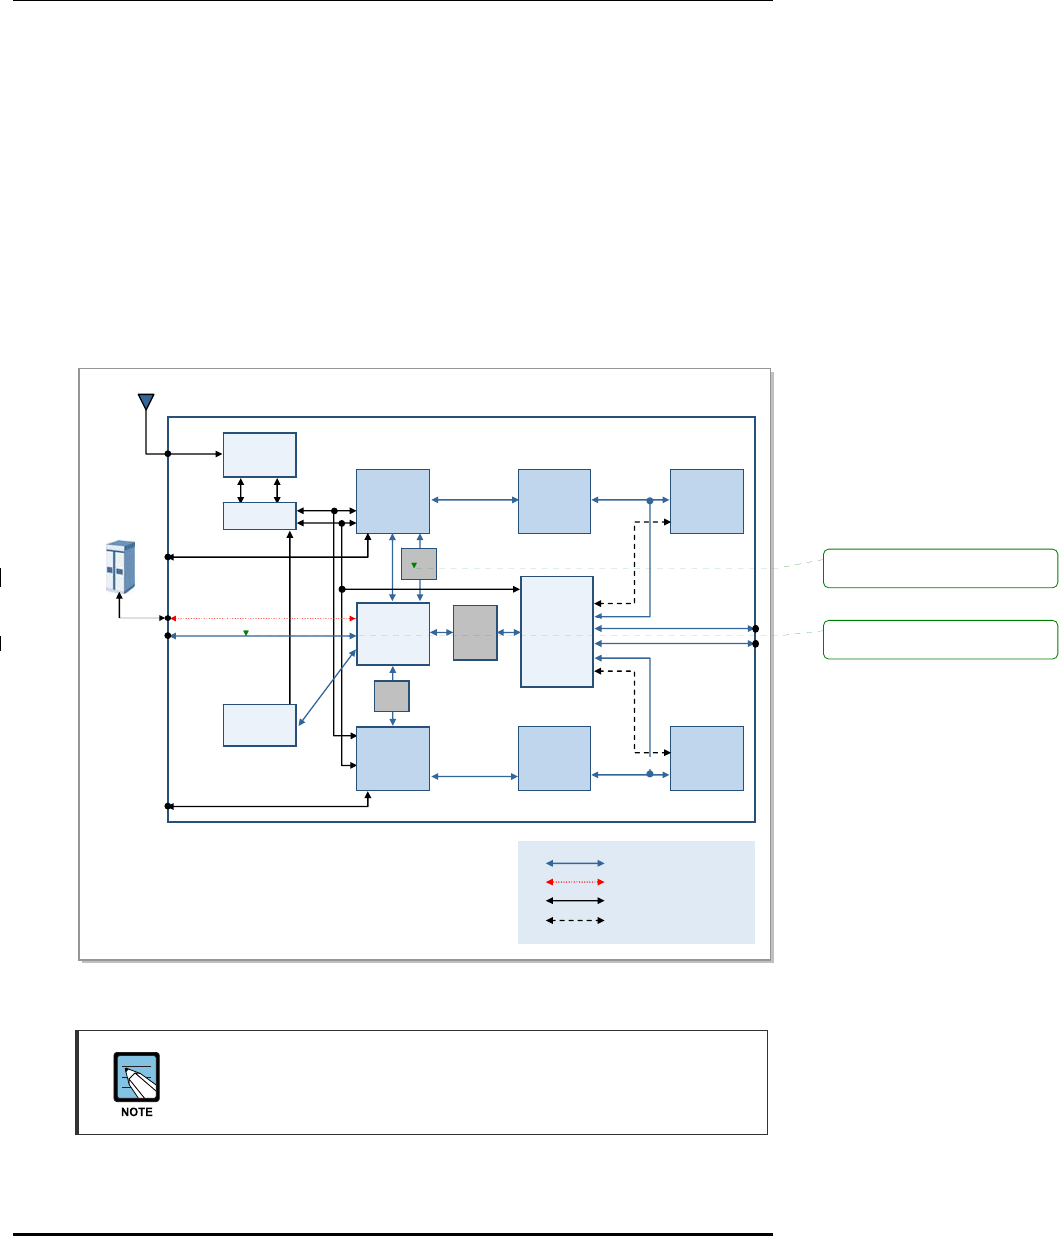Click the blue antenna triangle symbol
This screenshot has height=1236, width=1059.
[x=146, y=402]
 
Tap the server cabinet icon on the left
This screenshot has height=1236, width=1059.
[x=120, y=566]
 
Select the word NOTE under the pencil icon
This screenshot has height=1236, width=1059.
[x=137, y=1112]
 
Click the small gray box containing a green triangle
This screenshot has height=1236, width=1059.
[x=419, y=564]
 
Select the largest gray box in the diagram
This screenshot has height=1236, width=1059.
[x=475, y=632]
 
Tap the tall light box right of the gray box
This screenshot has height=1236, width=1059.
[x=556, y=631]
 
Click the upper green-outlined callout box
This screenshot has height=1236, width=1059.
[x=939, y=568]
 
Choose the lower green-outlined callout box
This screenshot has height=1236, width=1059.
[x=939, y=639]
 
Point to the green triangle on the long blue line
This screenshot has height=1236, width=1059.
[x=246, y=632]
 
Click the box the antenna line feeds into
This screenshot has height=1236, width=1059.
[x=259, y=455]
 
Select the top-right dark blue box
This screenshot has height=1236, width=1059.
[x=707, y=501]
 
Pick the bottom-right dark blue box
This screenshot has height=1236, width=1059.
[x=707, y=758]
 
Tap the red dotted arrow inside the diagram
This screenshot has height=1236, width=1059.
[x=262, y=618]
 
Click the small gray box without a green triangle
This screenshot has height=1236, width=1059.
[x=392, y=696]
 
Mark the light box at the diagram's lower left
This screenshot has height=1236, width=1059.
[x=259, y=724]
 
